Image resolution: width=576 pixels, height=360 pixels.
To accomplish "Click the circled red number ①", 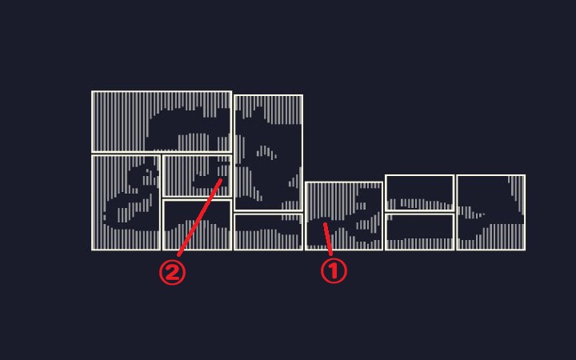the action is [x=334, y=271].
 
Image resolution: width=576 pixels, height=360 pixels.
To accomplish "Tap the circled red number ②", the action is [x=172, y=273].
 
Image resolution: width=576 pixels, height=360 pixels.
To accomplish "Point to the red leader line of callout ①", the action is [x=328, y=238].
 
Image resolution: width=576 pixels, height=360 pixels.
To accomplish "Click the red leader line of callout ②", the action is [x=199, y=218].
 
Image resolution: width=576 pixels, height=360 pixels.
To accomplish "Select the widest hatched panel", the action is [x=162, y=122].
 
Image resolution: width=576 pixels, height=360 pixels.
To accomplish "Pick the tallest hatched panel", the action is [x=268, y=153].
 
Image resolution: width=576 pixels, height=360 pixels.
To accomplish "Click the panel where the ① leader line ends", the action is [x=344, y=216].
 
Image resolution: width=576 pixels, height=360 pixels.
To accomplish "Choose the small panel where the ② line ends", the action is [x=197, y=175].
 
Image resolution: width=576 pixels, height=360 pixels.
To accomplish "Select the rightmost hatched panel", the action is [x=490, y=213].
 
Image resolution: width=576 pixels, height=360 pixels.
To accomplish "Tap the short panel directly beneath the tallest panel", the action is [x=268, y=232].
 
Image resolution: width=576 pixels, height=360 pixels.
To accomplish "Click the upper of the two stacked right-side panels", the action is [x=419, y=193].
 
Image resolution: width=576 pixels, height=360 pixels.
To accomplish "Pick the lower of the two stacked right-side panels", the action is [x=419, y=232].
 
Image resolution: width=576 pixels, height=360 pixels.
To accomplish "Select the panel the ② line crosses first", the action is [x=197, y=225].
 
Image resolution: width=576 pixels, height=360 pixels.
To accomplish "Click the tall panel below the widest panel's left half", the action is [x=126, y=202].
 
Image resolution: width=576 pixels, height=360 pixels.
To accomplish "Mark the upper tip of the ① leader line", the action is [x=324, y=223].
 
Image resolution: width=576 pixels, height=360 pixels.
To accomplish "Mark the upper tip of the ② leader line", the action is [x=221, y=179].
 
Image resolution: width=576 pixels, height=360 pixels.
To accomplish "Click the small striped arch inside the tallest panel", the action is [x=266, y=151].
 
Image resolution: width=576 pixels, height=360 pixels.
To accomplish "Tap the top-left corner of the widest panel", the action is [x=91, y=90].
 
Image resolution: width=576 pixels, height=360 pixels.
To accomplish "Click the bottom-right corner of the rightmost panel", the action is [x=526, y=250].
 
